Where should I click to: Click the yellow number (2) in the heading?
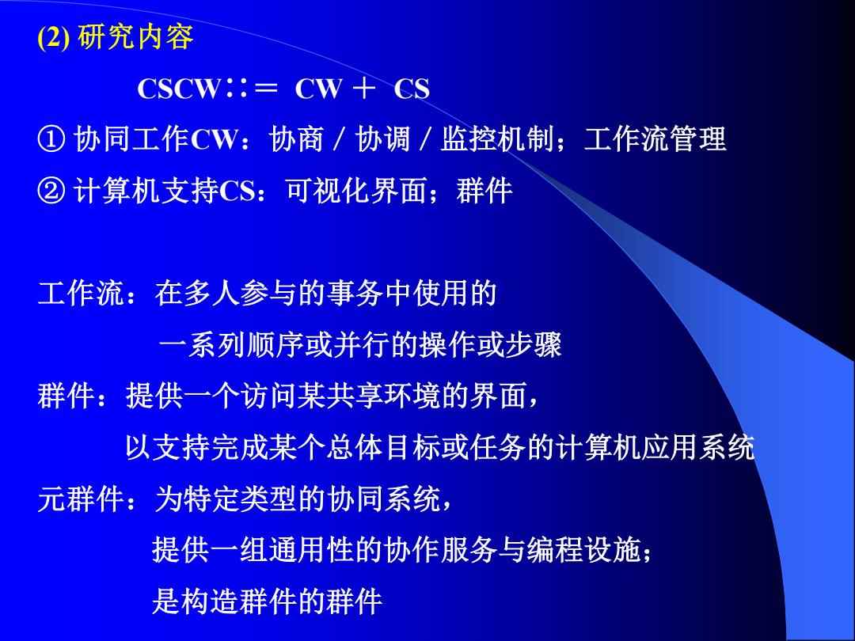click(54, 38)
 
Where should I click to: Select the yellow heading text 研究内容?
click(136, 38)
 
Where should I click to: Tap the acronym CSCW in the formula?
click(179, 89)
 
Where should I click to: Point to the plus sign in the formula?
click(363, 89)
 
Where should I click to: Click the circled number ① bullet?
click(51, 139)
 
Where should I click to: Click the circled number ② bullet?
click(51, 192)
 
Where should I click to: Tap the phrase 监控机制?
click(497, 139)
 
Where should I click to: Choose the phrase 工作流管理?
click(655, 139)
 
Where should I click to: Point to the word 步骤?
click(533, 344)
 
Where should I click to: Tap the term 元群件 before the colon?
click(81, 499)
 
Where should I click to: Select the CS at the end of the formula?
click(412, 89)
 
